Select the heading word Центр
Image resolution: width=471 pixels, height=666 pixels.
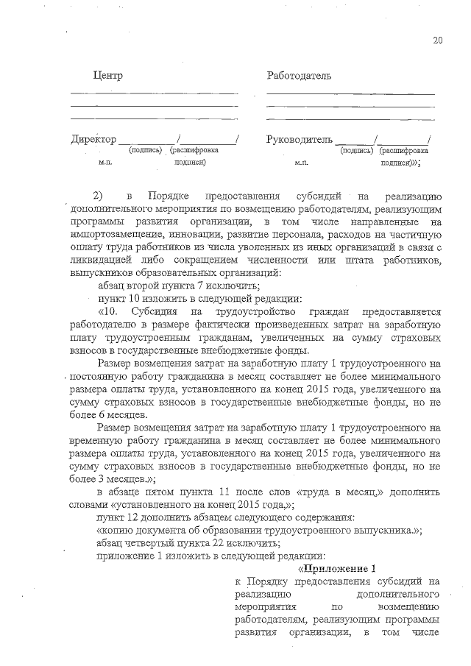107,76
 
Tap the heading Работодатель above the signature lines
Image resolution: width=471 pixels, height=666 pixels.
299,76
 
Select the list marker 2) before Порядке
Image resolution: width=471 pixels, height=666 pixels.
98,196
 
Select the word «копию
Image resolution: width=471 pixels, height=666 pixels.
116,531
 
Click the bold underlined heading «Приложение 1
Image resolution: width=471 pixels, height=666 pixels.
336,568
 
